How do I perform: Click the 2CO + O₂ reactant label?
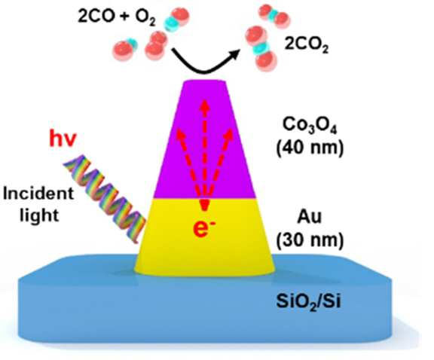click(117, 17)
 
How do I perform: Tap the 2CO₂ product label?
click(306, 45)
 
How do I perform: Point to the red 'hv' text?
click(63, 138)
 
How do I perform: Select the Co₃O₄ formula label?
click(310, 126)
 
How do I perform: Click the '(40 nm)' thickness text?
click(310, 148)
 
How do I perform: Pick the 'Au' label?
click(310, 217)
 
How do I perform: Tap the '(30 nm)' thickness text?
click(310, 239)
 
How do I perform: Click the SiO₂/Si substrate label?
click(308, 301)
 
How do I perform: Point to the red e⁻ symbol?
click(204, 229)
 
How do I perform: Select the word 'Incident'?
click(38, 193)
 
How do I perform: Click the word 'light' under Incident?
click(39, 215)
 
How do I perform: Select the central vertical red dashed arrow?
click(204, 155)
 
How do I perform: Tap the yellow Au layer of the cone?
click(204, 236)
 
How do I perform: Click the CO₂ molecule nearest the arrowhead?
click(261, 49)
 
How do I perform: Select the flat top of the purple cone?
click(204, 81)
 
